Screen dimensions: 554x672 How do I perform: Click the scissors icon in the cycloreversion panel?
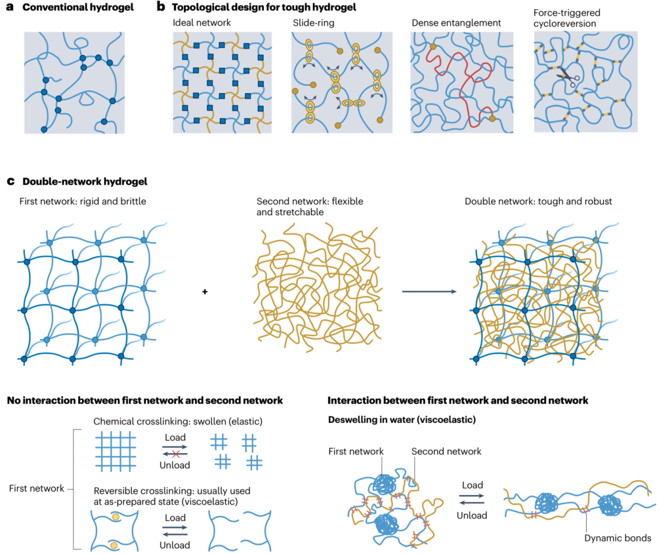click(x=568, y=80)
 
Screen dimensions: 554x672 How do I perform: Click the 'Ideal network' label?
click(x=201, y=23)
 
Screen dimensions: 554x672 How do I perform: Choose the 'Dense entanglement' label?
click(x=456, y=23)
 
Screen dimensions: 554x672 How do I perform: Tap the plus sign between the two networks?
click(x=205, y=291)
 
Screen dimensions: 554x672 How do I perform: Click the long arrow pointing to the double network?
click(x=429, y=291)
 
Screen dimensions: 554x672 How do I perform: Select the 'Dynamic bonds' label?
click(x=616, y=538)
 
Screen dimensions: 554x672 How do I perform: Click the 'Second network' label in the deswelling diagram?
click(x=446, y=451)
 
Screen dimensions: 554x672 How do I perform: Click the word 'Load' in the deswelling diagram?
click(x=472, y=486)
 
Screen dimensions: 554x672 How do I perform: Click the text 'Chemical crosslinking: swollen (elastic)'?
click(x=178, y=420)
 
